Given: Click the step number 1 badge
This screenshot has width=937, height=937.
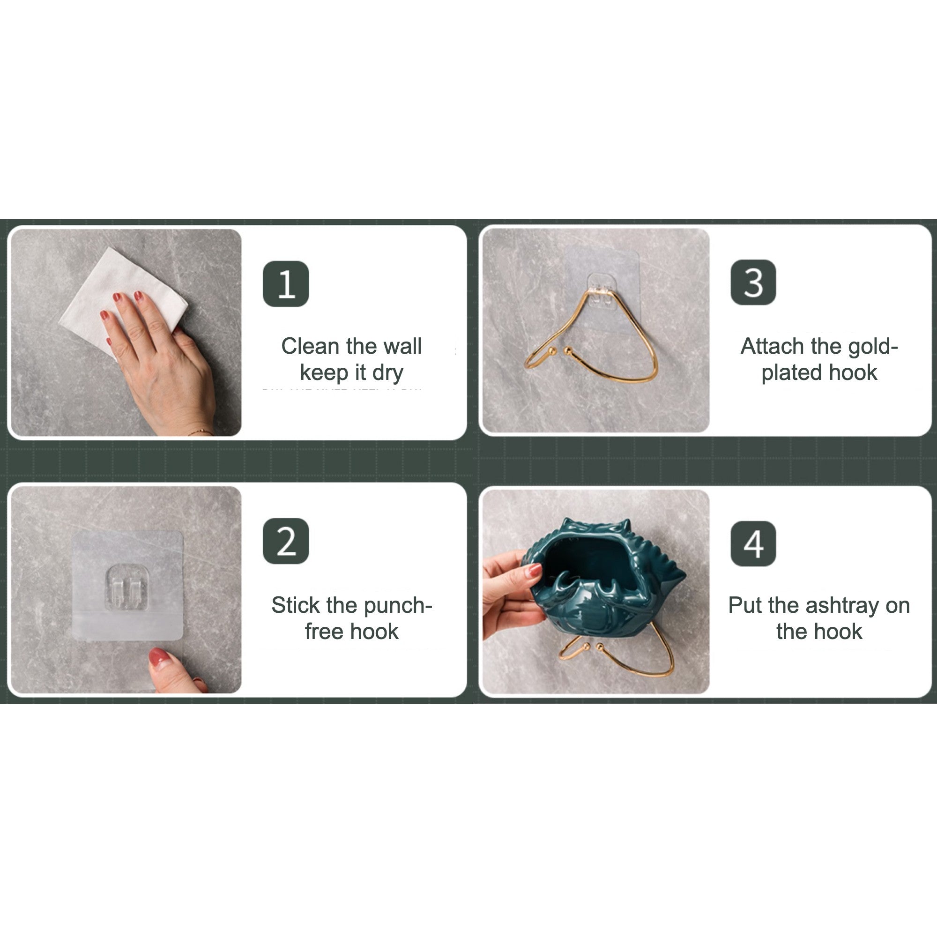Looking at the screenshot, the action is (x=286, y=284).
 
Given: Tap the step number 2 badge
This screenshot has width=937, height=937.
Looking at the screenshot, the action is (x=286, y=541).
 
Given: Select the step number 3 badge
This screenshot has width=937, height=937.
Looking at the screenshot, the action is (x=753, y=282).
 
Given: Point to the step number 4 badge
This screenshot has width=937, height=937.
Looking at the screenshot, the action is (x=753, y=543).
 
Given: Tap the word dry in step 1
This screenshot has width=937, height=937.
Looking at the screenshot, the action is (x=388, y=373).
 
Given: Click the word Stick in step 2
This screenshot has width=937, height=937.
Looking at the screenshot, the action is (x=296, y=605).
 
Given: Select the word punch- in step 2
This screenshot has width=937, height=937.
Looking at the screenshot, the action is (x=398, y=606).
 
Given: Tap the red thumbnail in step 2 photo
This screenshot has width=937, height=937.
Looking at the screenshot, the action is (x=159, y=658).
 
